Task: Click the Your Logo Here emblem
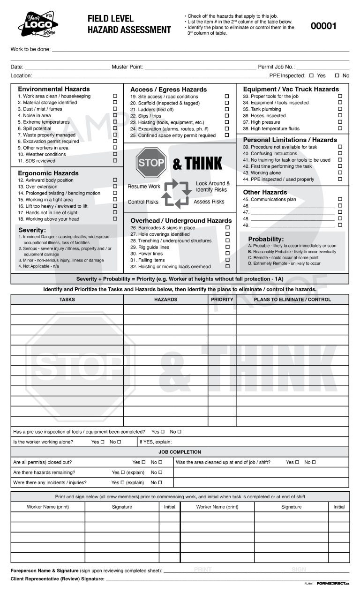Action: (x=38, y=25)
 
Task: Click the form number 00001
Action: (x=323, y=26)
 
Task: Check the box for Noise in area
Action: (x=115, y=115)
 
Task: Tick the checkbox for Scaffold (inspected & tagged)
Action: (x=227, y=103)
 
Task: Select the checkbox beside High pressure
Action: (x=340, y=122)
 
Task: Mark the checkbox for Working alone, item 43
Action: (x=340, y=173)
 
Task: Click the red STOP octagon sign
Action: (x=151, y=163)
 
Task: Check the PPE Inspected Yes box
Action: (x=311, y=75)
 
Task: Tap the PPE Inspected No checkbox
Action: (x=337, y=75)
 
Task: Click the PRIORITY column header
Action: (x=222, y=300)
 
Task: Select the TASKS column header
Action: (x=67, y=300)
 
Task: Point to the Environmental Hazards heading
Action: (x=54, y=89)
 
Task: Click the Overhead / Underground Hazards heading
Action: (x=181, y=220)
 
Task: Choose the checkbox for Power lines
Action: (x=227, y=254)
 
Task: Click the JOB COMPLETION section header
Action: (x=180, y=452)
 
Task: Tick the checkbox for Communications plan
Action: (x=340, y=199)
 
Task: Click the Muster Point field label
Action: (x=127, y=67)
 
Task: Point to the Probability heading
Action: (x=266, y=239)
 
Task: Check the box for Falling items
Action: (x=227, y=260)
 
